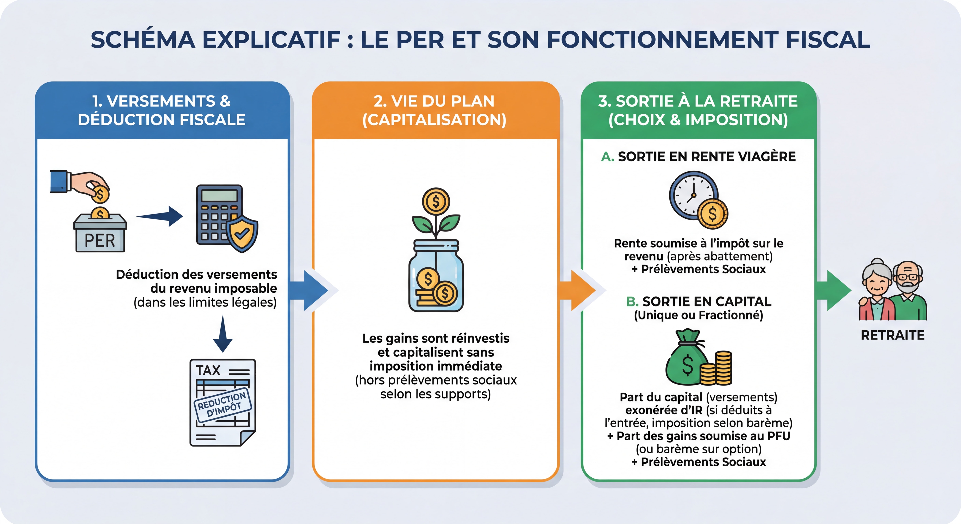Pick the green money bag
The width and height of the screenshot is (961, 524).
(686, 360)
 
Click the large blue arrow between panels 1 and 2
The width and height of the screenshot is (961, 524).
(310, 290)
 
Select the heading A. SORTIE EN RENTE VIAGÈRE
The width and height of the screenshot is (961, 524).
(698, 157)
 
